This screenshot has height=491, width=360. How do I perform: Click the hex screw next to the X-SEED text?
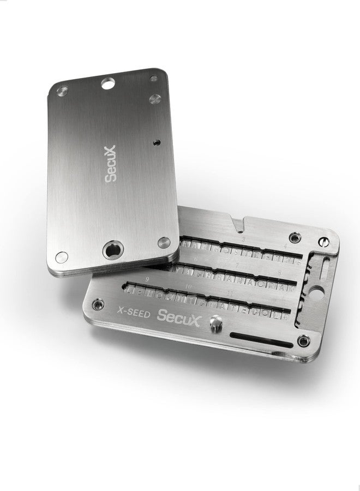(99, 303)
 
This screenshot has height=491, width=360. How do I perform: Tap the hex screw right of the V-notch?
(295, 237)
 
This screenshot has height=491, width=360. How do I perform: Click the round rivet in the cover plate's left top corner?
(64, 88)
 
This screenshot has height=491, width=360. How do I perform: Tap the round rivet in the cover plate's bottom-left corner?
(63, 255)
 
